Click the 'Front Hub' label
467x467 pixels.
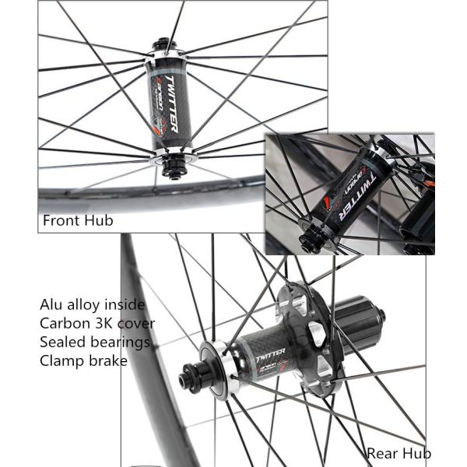point(78,220)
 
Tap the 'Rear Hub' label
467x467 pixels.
point(399,453)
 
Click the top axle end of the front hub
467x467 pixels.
point(166,43)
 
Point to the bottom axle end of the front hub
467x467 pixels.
point(174,173)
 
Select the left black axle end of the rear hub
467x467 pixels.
point(189,380)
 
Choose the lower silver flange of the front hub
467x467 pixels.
point(172,155)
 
